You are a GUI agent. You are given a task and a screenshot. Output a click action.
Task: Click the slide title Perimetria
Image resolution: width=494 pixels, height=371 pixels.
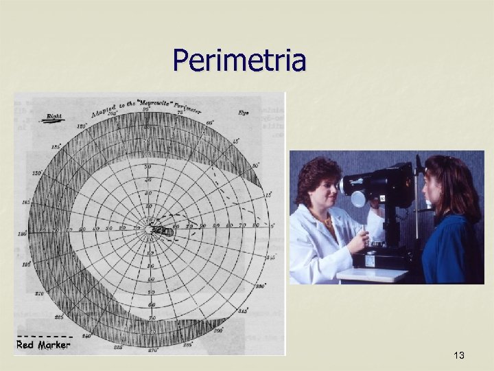click(x=239, y=60)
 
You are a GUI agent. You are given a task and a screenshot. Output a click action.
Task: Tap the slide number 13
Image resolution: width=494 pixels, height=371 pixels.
click(x=459, y=355)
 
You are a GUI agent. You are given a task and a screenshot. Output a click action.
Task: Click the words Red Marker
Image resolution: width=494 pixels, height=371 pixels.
click(x=43, y=345)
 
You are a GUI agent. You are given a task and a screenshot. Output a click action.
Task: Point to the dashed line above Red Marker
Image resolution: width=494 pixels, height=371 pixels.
click(x=43, y=335)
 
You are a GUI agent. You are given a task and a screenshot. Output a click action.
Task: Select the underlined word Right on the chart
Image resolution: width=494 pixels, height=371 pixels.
click(x=53, y=117)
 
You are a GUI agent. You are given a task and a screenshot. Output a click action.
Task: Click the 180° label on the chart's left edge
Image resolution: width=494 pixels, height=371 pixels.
click(x=23, y=234)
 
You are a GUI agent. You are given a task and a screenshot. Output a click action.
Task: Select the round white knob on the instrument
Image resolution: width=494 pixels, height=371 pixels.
click(x=358, y=199)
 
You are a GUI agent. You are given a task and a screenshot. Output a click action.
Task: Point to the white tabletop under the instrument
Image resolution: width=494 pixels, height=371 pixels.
click(x=374, y=274)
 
